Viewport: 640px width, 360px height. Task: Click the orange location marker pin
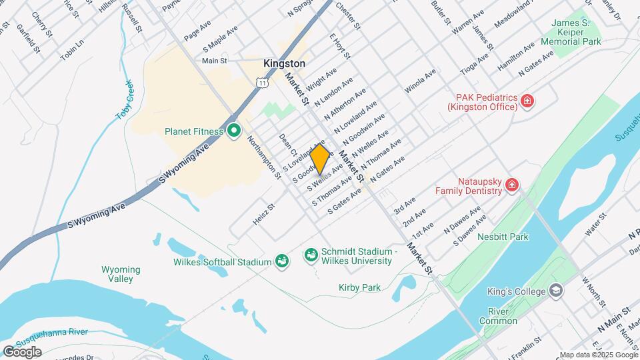point(319,159)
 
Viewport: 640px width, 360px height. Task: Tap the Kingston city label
point(284,63)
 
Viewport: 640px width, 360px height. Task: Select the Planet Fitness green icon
point(233,131)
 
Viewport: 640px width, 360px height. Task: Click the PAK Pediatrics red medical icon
point(527,101)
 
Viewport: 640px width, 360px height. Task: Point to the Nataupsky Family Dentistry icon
point(511,185)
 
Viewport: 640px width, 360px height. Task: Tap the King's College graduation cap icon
point(555,291)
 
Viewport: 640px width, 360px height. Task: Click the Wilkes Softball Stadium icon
point(281,261)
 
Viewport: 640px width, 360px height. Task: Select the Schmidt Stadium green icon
point(311,255)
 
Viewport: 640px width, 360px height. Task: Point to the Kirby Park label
point(359,287)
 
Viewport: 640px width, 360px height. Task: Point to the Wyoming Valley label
point(121,274)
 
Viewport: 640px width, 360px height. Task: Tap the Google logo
point(22,351)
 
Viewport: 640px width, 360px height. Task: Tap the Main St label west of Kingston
point(215,61)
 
